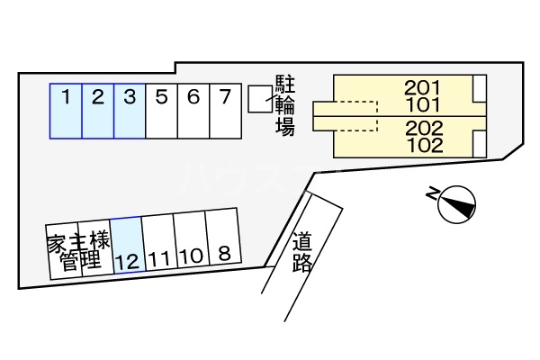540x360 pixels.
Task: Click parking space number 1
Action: click(66, 112)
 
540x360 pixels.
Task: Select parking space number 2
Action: click(98, 112)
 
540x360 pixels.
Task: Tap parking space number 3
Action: click(130, 112)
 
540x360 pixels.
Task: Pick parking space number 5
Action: click(161, 112)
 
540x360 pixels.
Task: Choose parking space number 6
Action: click(193, 112)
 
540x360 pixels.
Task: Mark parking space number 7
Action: click(225, 112)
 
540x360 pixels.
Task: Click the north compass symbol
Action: click(454, 201)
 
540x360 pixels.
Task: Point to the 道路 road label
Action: click(302, 251)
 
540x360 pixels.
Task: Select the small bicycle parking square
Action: click(259, 99)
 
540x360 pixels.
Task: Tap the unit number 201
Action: click(421, 88)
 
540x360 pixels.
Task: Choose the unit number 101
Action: click(421, 103)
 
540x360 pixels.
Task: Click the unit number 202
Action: click(421, 127)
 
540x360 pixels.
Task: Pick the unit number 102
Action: click(421, 143)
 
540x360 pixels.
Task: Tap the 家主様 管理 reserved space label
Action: click(78, 250)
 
